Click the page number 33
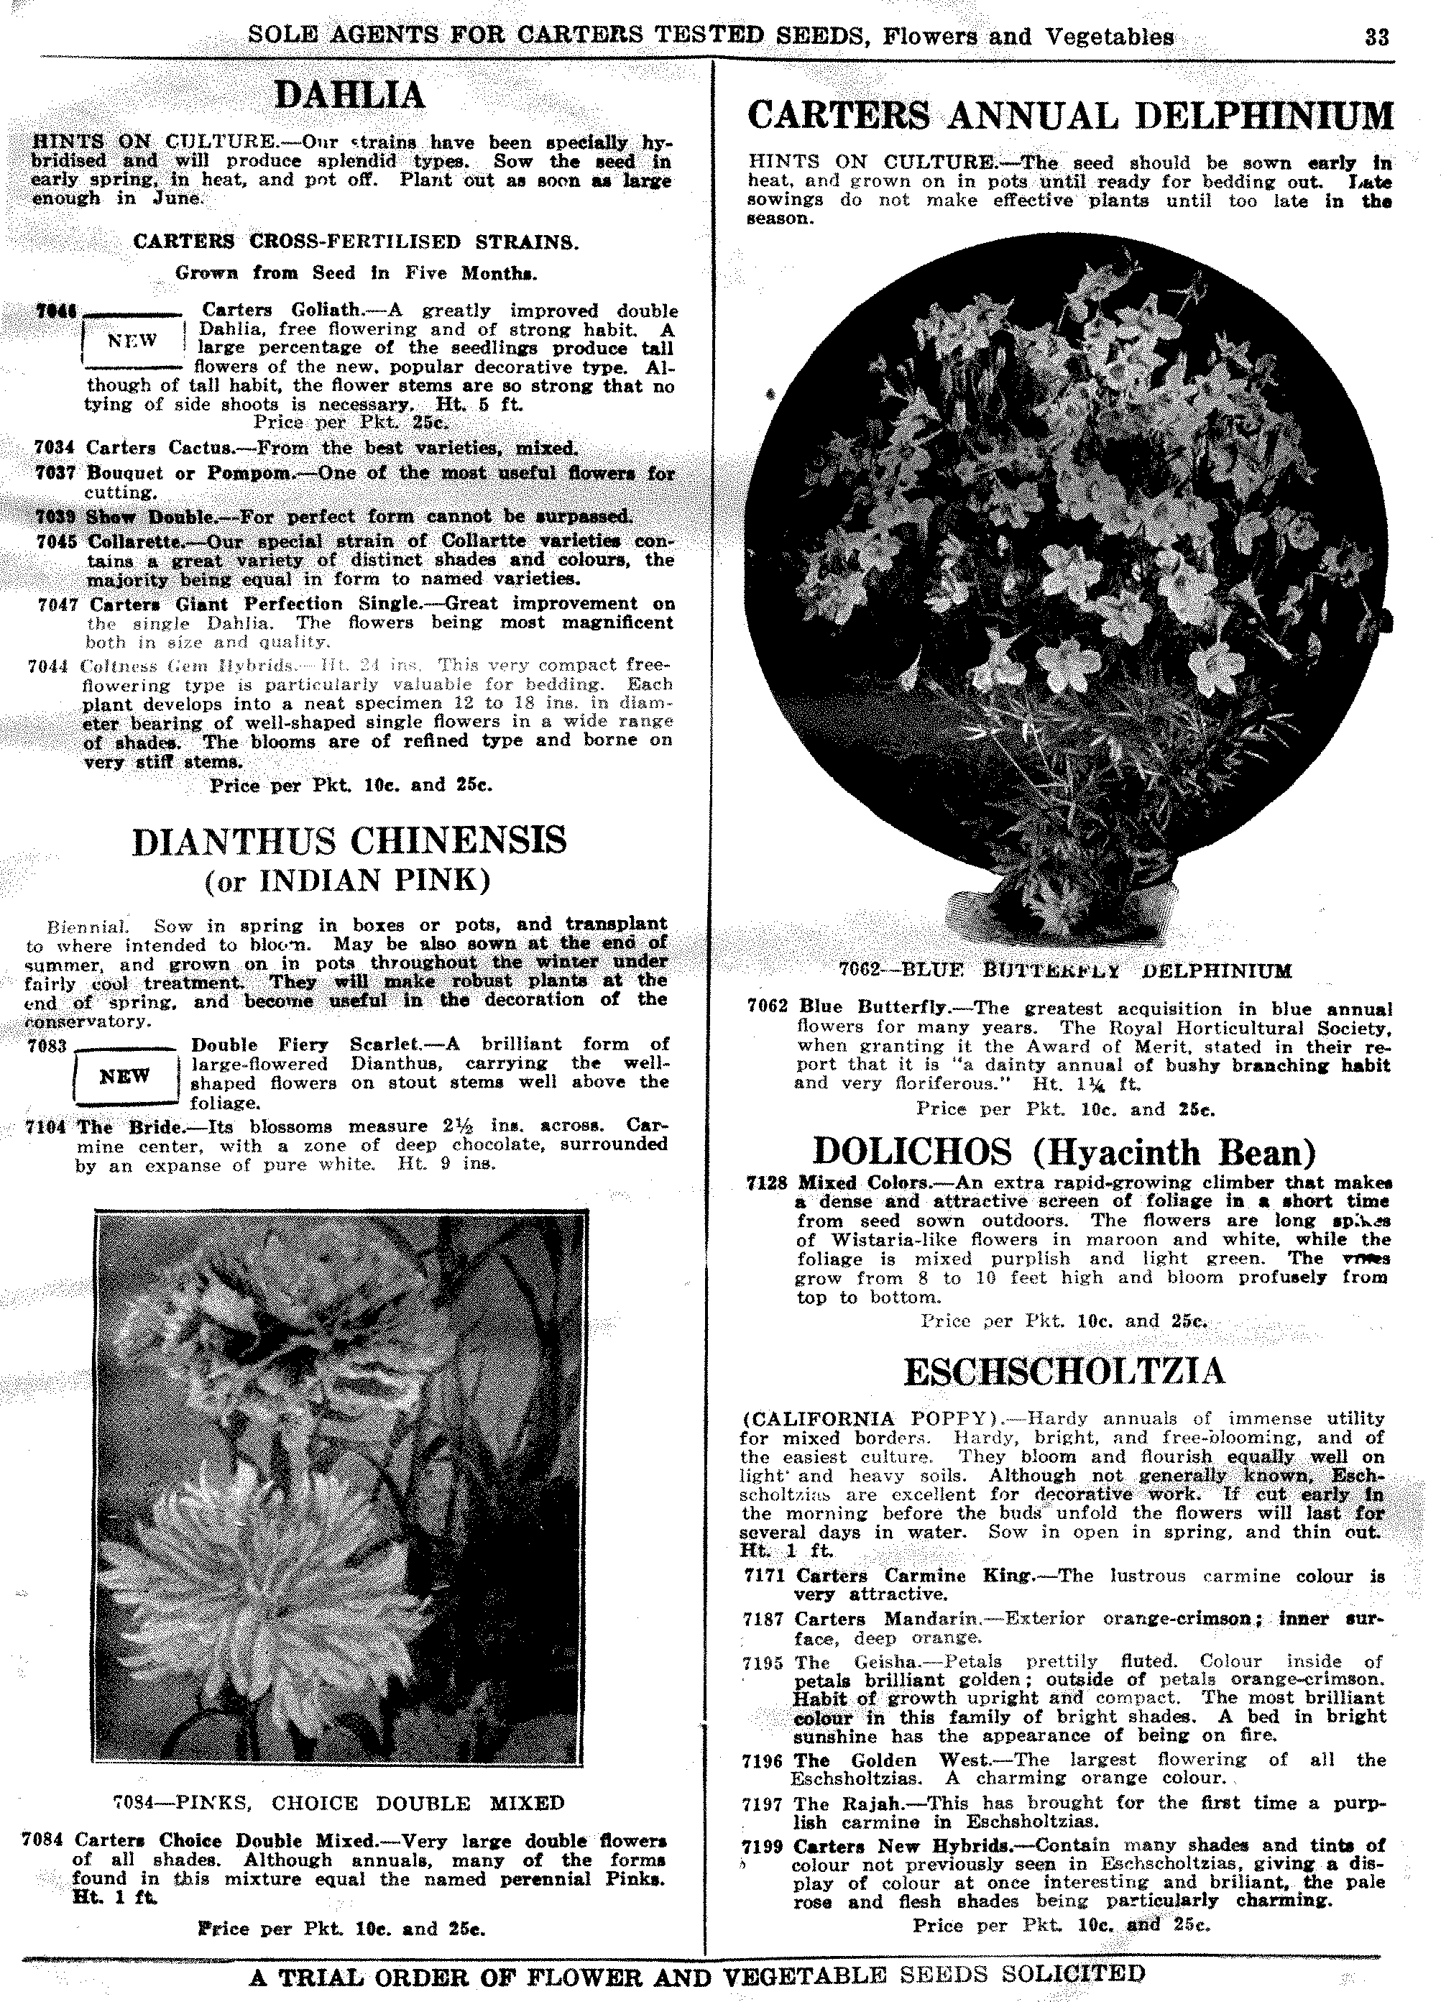pyautogui.click(x=1376, y=37)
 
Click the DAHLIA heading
pyautogui.click(x=350, y=96)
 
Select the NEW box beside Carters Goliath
pyautogui.click(x=132, y=340)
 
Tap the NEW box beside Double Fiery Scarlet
pyautogui.click(x=125, y=1076)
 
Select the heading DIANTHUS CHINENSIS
pyautogui.click(x=349, y=840)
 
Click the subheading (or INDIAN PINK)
pyautogui.click(x=348, y=881)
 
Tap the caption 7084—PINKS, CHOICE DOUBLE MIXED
pyautogui.click(x=339, y=1802)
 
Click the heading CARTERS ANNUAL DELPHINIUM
pyautogui.click(x=1069, y=116)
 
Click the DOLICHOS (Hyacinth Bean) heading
pyautogui.click(x=1064, y=1152)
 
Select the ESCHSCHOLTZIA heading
pyautogui.click(x=1064, y=1372)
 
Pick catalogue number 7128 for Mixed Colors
pyautogui.click(x=766, y=1183)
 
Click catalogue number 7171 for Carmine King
pyautogui.click(x=763, y=1576)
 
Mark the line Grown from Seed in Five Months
pyautogui.click(x=356, y=272)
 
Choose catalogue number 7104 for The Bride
pyautogui.click(x=47, y=1127)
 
